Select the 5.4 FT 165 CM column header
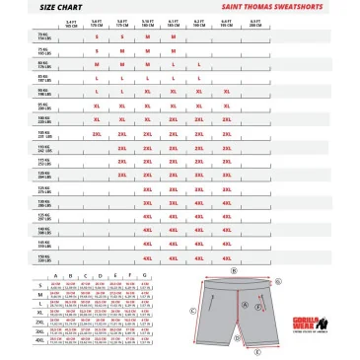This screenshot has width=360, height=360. [x=70, y=21]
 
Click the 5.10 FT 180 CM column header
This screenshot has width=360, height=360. [x=148, y=21]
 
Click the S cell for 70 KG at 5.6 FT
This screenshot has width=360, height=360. [x=97, y=36]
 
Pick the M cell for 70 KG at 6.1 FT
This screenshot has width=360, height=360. [x=174, y=36]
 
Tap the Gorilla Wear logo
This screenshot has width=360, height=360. [x=329, y=322]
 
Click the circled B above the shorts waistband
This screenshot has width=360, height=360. [x=234, y=269]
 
